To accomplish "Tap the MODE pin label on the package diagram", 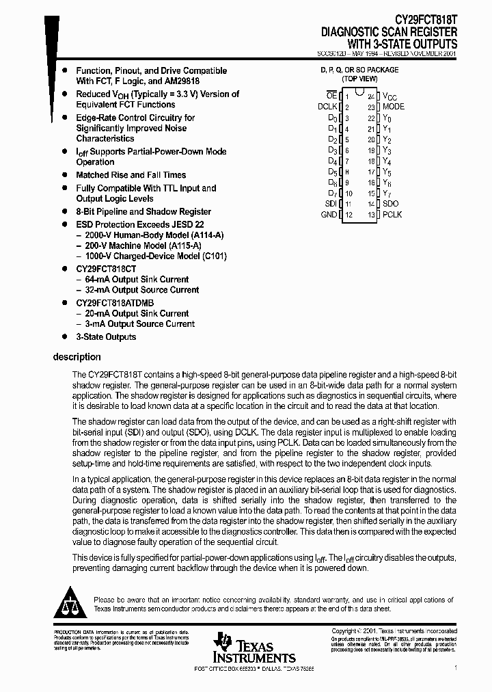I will pos(394,107).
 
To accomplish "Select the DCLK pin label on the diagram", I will pos(328,107).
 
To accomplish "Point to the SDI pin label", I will pos(331,204).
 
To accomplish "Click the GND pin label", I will pos(329,215).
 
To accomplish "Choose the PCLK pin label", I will pos(392,215).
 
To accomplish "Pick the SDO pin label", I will pos(391,204).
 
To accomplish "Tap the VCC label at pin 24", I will pos(389,96).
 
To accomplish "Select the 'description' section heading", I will pos(77,357).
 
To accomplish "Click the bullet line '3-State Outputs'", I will pos(106,336).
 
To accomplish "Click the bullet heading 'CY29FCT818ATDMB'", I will pos(115,303).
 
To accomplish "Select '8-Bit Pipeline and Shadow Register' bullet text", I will pos(143,211).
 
